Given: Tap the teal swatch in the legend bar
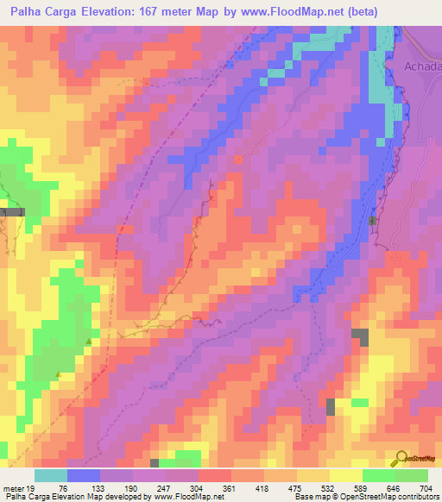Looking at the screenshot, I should (51, 475).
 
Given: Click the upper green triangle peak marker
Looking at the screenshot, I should (89, 342).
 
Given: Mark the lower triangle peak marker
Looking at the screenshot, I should (59, 373).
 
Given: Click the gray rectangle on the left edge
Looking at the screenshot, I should (13, 210).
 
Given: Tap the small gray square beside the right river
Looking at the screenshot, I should (373, 222).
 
